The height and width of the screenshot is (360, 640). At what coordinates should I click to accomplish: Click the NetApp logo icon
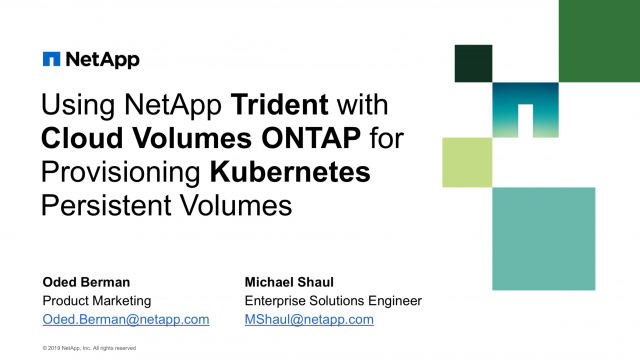pyautogui.click(x=51, y=59)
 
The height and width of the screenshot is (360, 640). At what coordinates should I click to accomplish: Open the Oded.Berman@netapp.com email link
pyautogui.click(x=125, y=319)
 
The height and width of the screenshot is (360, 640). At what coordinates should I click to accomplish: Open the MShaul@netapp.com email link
pyautogui.click(x=309, y=319)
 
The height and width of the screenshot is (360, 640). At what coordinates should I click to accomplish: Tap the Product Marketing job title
pyautogui.click(x=98, y=300)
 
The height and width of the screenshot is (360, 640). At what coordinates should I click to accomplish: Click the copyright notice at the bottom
pyautogui.click(x=89, y=348)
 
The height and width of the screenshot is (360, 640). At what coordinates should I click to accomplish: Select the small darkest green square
pyautogui.click(x=473, y=63)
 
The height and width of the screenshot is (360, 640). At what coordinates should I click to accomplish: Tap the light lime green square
pyautogui.click(x=467, y=162)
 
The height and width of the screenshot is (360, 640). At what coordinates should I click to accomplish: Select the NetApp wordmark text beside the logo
pyautogui.click(x=103, y=59)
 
